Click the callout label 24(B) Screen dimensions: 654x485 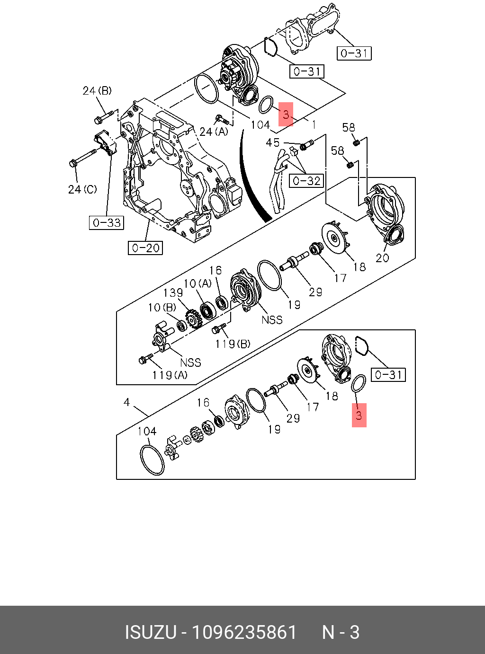(97, 90)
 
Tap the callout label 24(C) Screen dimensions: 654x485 (82, 189)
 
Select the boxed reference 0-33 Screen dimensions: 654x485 (107, 222)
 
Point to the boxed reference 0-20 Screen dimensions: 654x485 (145, 247)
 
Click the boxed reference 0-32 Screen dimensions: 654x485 (306, 181)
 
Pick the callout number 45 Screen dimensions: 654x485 (273, 142)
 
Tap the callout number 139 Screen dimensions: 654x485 (173, 293)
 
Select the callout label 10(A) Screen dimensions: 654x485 (198, 283)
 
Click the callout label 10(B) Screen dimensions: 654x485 (162, 308)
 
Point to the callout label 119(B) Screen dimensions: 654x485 (233, 344)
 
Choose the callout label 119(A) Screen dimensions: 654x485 (170, 375)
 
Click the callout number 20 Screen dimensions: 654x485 (382, 258)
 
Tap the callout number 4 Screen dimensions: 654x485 (126, 402)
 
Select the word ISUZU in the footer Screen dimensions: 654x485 (150, 632)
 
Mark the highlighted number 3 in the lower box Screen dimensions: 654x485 (359, 415)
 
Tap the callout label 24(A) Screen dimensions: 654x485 (214, 132)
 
